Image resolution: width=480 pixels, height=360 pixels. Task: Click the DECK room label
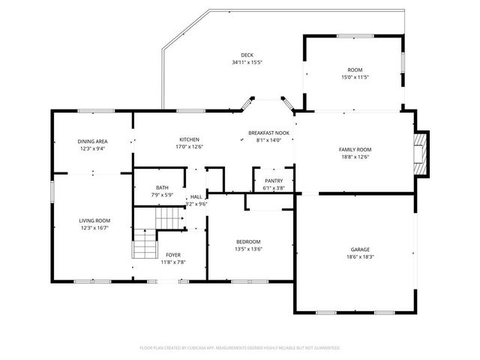247,55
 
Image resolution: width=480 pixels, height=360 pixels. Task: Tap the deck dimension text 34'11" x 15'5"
247,62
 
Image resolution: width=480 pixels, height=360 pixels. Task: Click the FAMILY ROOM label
355,149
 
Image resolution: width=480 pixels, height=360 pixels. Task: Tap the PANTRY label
273,181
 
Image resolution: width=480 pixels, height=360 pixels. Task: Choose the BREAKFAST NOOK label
268,133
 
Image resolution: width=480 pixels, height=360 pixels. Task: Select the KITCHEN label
189,139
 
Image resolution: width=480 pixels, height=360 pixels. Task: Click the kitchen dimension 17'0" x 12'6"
189,147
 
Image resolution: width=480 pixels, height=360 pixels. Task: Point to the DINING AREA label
92,141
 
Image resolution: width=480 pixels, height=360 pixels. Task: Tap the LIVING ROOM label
94,220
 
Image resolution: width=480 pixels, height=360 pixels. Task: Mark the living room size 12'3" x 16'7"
94,228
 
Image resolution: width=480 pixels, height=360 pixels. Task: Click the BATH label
162,187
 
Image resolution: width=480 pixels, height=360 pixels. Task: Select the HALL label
196,196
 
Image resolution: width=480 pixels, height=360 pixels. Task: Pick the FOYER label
173,255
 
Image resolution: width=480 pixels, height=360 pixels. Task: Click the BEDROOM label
248,241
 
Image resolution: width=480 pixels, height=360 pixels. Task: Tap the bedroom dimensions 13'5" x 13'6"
248,249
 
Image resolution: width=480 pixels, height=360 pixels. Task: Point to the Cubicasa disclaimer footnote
240,348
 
